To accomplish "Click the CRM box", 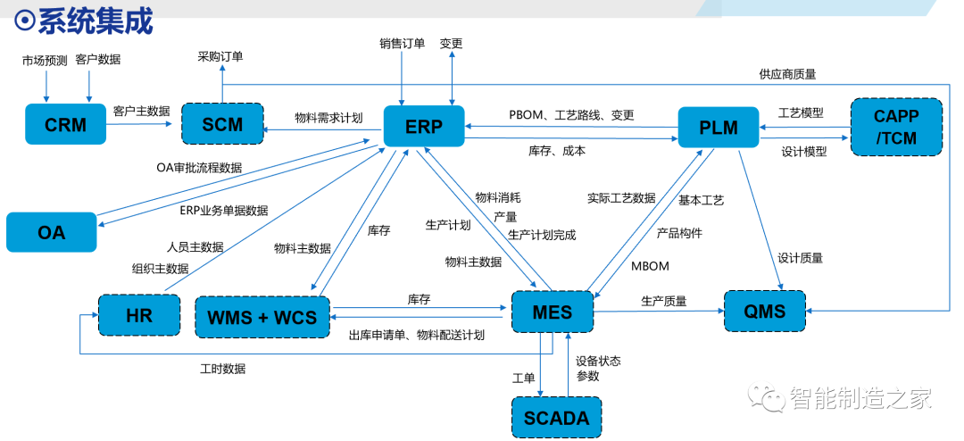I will tap(67, 125).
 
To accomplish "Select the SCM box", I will tap(222, 125).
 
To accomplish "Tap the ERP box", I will tap(424, 127).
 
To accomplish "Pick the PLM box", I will tap(719, 128).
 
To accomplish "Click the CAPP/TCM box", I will tap(896, 127).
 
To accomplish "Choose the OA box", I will tap(51, 232).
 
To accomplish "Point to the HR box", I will tap(139, 315).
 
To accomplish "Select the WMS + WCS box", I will tap(262, 316).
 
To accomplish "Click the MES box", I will tap(553, 312).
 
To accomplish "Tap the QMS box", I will tap(765, 312).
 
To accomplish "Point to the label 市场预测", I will tap(44, 60).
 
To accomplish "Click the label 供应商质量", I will tap(787, 74).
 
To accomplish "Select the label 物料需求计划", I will tap(328, 117).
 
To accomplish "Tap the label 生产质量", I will tap(663, 301).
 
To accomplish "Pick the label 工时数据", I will tap(222, 368).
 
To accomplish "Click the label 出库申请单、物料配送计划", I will tap(416, 335).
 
